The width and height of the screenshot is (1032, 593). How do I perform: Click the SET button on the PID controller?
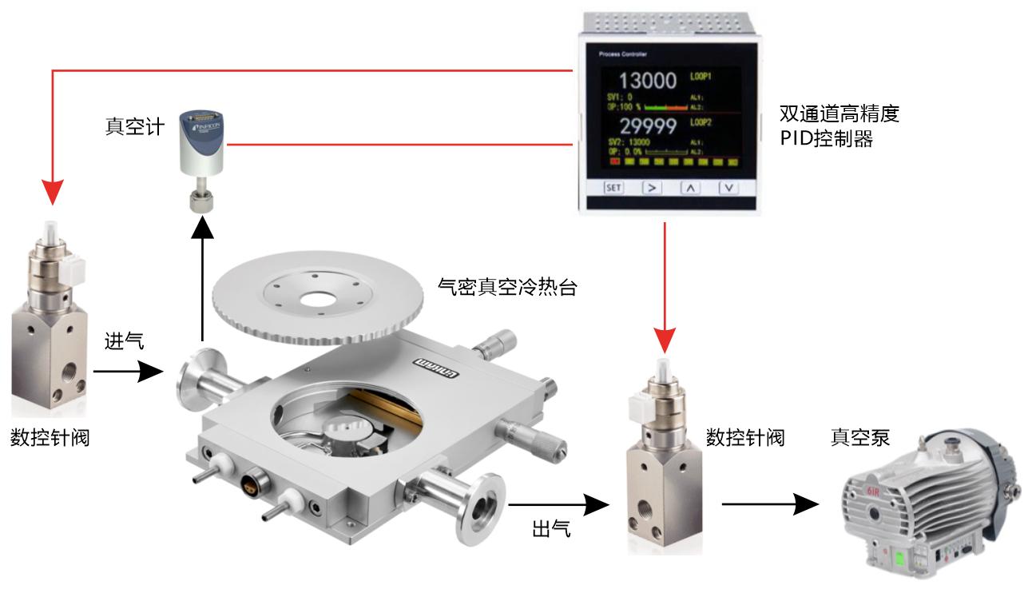(x=613, y=188)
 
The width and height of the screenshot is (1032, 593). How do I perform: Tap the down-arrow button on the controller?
(x=728, y=188)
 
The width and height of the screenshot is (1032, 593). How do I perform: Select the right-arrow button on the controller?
(x=652, y=188)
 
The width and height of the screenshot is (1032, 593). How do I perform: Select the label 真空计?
(x=135, y=126)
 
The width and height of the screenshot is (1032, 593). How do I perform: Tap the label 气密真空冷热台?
(x=507, y=288)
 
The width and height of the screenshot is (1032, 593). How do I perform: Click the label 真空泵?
(x=860, y=437)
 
